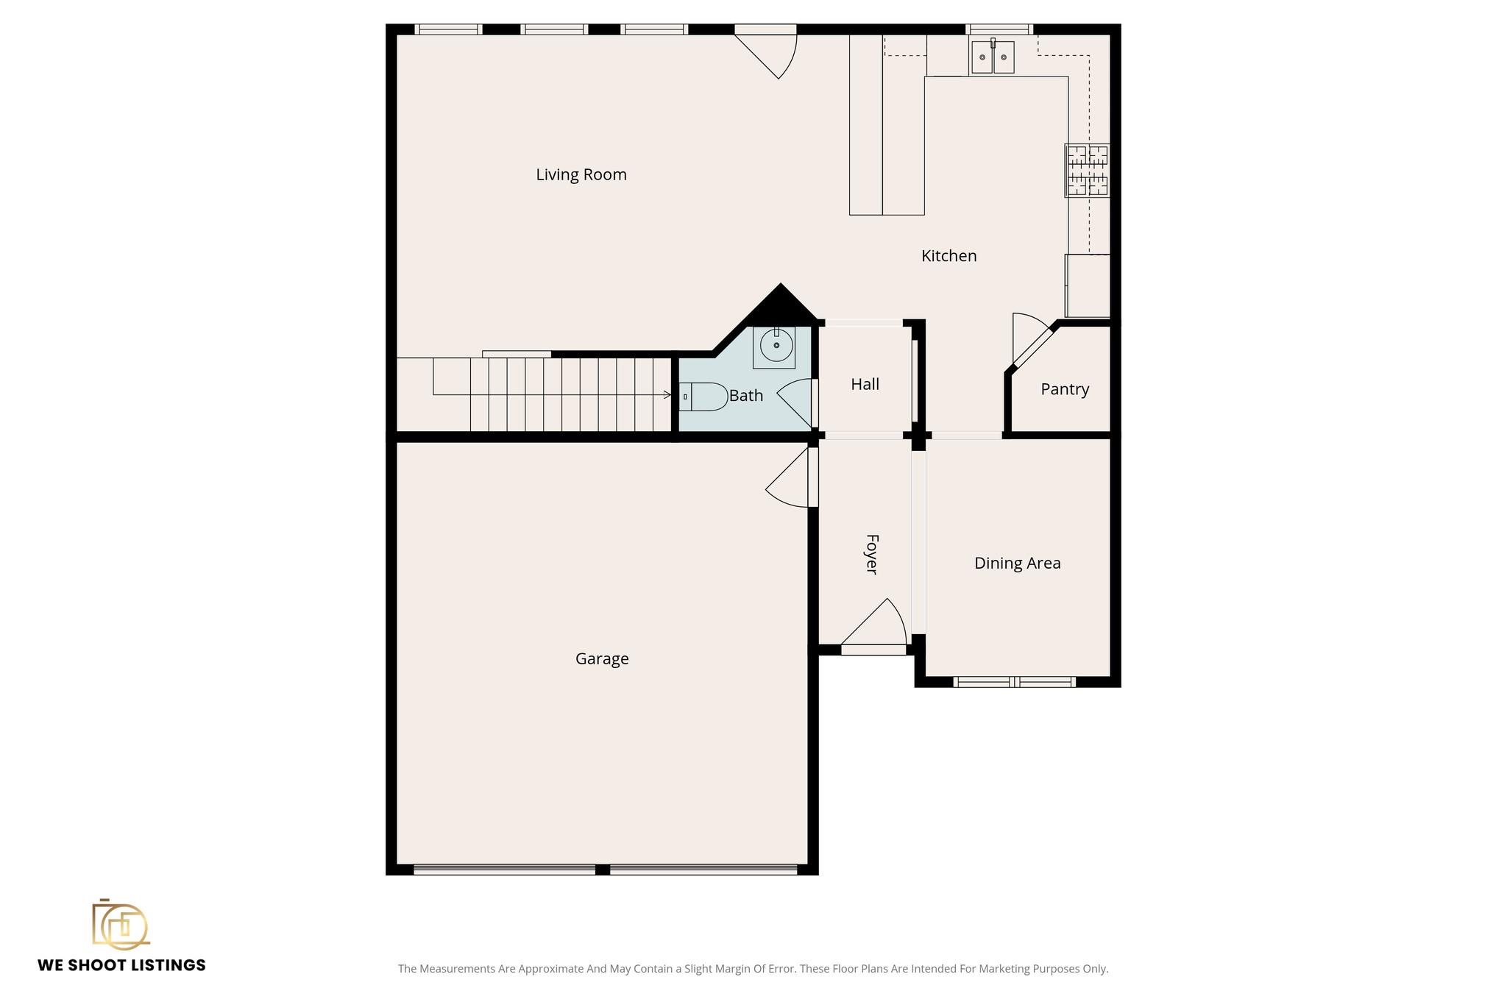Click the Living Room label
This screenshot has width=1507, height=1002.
(581, 174)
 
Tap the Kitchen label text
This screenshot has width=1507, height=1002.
(948, 255)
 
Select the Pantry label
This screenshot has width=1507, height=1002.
(1064, 389)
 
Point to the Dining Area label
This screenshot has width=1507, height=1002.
(1017, 563)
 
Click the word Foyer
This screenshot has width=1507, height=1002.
(871, 554)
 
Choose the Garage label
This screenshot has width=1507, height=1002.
(601, 658)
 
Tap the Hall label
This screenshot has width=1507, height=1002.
(865, 384)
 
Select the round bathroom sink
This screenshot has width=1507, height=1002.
(776, 345)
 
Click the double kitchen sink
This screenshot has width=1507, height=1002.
(992, 57)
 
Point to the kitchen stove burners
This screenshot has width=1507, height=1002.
(1087, 171)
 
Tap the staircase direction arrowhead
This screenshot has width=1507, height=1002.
(667, 395)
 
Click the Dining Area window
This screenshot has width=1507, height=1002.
(1014, 682)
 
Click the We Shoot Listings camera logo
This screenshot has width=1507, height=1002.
(120, 924)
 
